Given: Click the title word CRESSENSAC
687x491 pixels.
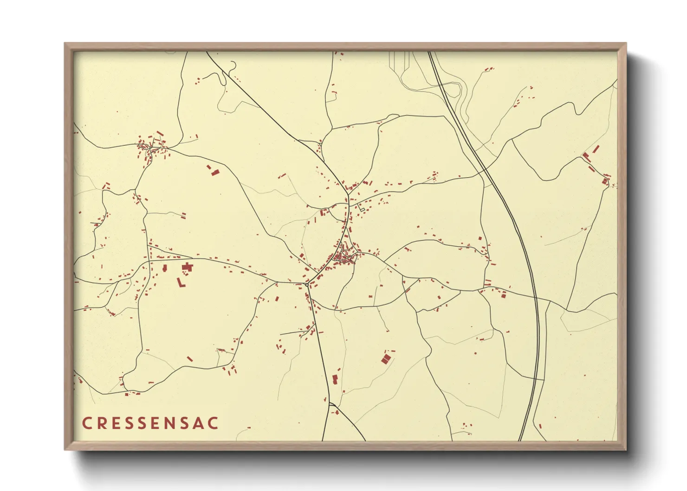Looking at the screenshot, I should [150, 423].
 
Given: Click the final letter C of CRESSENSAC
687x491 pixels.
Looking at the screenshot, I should [214, 423].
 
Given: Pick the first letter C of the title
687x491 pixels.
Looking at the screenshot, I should [87, 423].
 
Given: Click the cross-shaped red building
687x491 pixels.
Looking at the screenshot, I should [188, 267].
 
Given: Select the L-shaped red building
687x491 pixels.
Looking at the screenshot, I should [181, 283].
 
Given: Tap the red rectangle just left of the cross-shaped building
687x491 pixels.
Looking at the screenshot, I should [164, 268].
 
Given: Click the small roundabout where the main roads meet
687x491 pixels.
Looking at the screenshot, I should [307, 283].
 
